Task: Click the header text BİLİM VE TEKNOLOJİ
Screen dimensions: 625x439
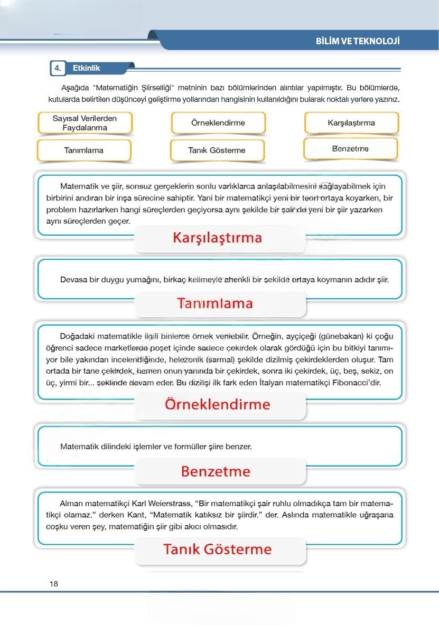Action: pos(357,41)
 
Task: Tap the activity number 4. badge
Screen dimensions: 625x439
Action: pos(57,68)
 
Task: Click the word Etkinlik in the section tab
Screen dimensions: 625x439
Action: pos(86,68)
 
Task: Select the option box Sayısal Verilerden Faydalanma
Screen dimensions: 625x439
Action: pos(85,123)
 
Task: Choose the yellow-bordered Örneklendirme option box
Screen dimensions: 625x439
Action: pos(218,123)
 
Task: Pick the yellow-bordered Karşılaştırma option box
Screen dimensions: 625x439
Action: pos(351,123)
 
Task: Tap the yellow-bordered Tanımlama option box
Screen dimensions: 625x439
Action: pos(84,150)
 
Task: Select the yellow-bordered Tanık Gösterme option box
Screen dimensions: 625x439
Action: pos(217,150)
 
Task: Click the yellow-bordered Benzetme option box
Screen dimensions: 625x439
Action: pos(350,149)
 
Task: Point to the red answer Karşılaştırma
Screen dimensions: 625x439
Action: pos(217,238)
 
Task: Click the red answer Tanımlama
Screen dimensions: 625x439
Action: pos(215,304)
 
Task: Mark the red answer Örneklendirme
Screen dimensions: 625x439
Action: pos(217,404)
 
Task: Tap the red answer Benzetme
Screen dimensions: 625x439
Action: pos(216,471)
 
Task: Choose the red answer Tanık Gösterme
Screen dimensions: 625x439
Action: pos(217,549)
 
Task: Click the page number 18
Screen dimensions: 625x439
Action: pos(53,584)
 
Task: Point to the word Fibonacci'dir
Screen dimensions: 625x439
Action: pos(357,382)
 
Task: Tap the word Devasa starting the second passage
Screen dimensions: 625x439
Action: pos(73,280)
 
